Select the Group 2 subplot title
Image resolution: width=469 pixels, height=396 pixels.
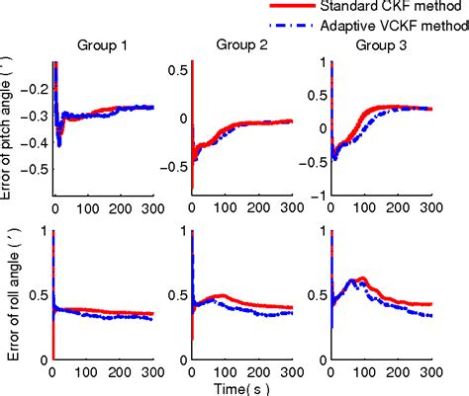click(x=240, y=44)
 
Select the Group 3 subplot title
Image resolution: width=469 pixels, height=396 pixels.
click(x=379, y=44)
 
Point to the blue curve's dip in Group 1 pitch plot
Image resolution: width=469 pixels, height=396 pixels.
click(x=59, y=144)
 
